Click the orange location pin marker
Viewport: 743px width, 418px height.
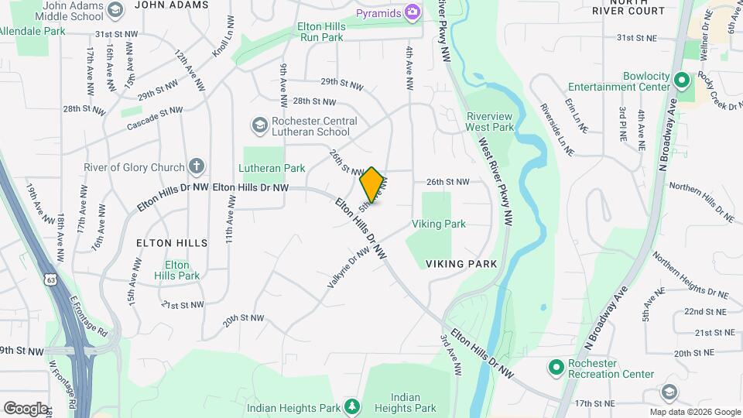coord(372,184)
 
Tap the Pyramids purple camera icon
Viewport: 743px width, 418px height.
coord(413,12)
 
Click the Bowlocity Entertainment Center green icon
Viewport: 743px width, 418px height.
coord(682,80)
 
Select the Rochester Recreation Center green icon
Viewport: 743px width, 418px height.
coord(555,366)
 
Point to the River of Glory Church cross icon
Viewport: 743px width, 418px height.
coord(197,166)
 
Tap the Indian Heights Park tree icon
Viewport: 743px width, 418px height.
coord(352,406)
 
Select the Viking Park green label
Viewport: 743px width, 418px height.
coord(439,224)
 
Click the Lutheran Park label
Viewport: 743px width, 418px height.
coord(272,168)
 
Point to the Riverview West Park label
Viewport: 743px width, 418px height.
coord(490,122)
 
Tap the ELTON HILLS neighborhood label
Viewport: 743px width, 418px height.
coord(172,243)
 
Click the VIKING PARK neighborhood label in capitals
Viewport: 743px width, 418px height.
coord(461,263)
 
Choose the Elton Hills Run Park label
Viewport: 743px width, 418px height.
coord(333,31)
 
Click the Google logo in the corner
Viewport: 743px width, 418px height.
coord(26,409)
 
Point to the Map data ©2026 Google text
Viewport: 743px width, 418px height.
coord(694,412)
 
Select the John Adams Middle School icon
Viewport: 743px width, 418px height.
coord(115,10)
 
